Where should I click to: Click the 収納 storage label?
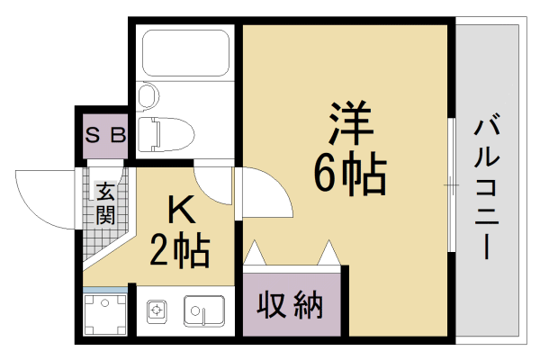pyautogui.click(x=291, y=307)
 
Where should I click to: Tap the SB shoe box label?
pyautogui.click(x=105, y=136)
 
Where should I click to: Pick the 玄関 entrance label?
pyautogui.click(x=104, y=202)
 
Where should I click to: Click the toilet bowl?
pyautogui.click(x=169, y=132)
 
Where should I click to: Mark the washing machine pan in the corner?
pyautogui.click(x=104, y=312)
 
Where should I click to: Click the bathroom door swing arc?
pyautogui.click(x=212, y=184)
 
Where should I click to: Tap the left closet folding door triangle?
pyautogui.click(x=254, y=253)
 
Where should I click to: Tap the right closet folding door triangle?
pyautogui.click(x=328, y=253)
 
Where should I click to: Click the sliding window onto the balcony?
pyautogui.click(x=450, y=184)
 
